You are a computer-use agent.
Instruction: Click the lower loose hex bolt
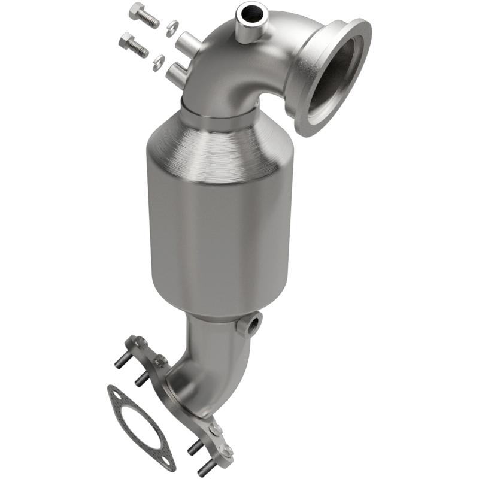(134, 44)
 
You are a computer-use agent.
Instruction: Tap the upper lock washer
(171, 26)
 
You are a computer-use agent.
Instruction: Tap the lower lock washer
(159, 60)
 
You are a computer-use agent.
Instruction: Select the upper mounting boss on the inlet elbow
(187, 43)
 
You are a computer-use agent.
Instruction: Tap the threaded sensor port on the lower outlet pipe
(250, 325)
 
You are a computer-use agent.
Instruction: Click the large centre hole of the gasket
(139, 423)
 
